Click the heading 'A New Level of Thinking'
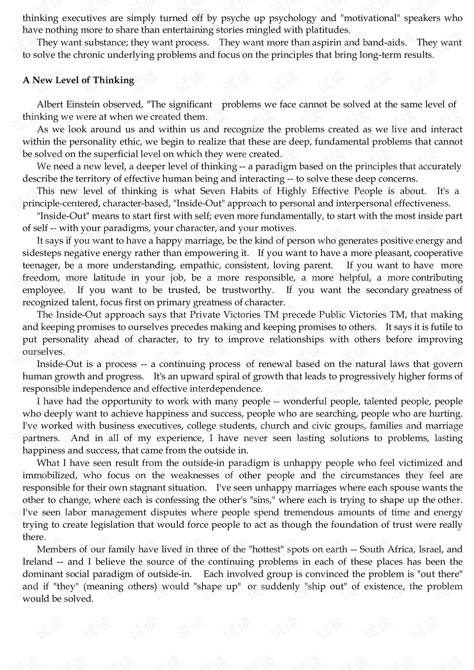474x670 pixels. (x=78, y=80)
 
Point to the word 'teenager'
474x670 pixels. (x=41, y=266)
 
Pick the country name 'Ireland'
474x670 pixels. (x=38, y=561)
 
